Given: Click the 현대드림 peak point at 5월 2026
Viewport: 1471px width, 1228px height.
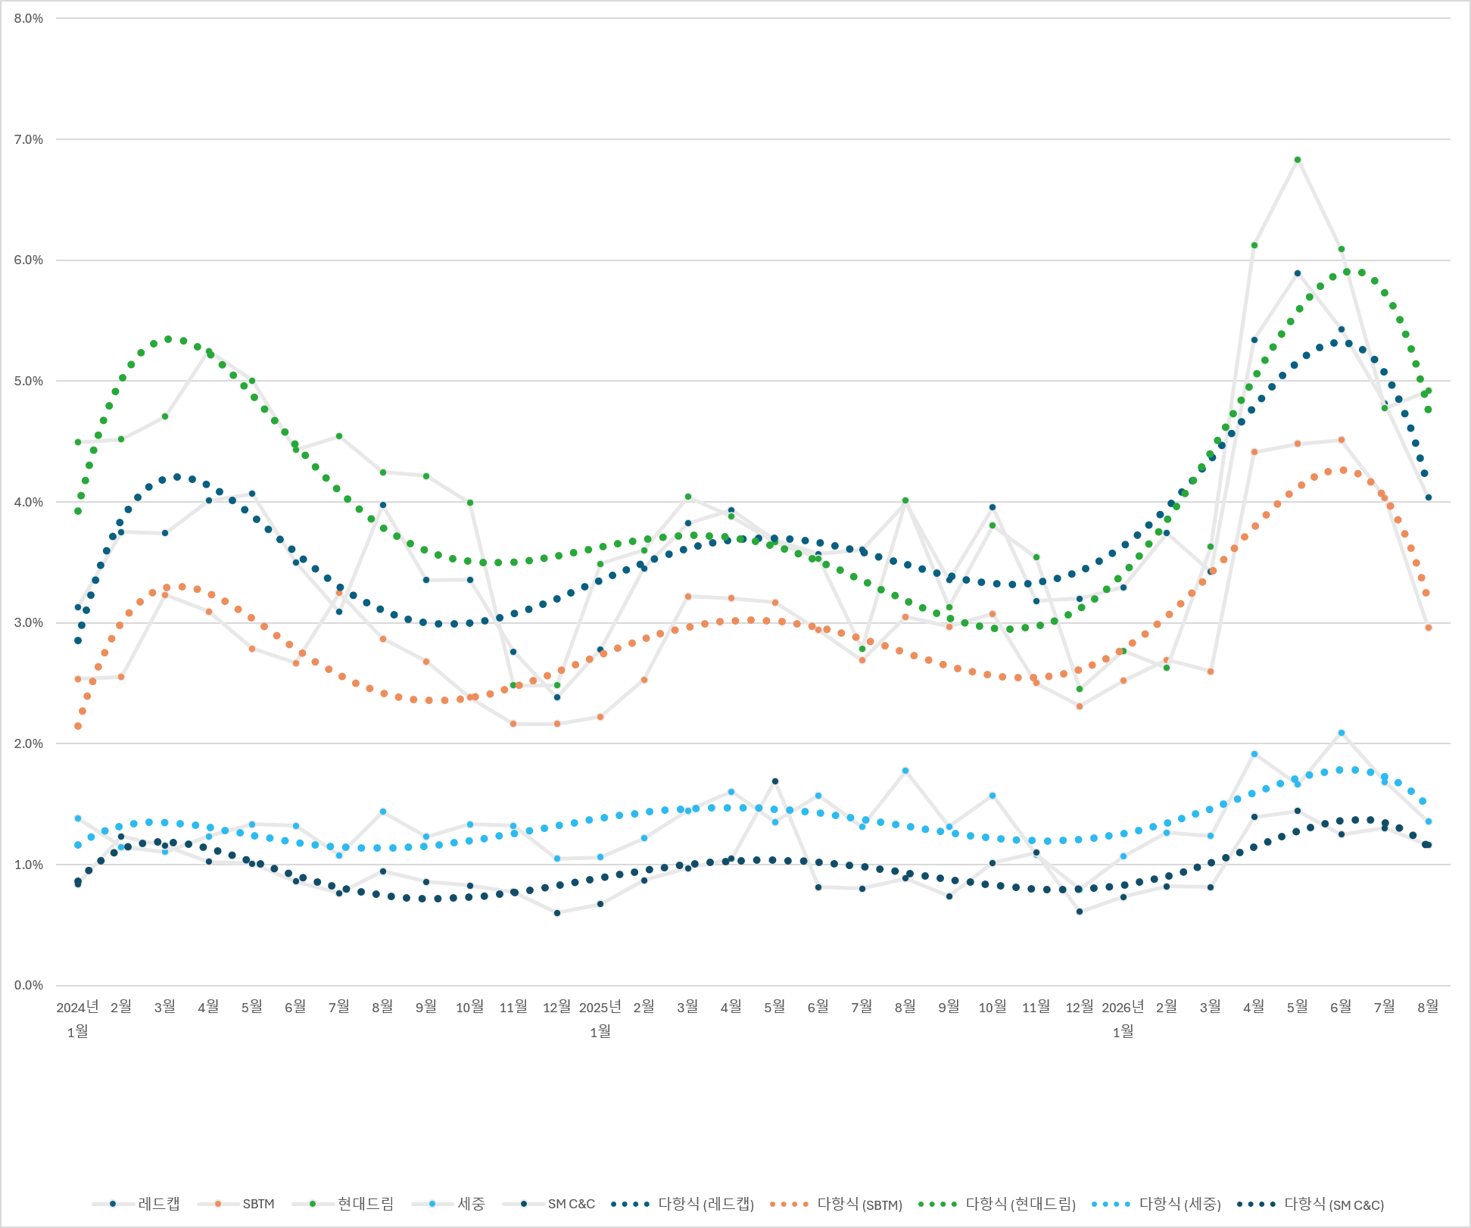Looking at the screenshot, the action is (x=1297, y=160).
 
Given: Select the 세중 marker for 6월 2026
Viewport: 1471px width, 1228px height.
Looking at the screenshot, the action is (x=1341, y=733).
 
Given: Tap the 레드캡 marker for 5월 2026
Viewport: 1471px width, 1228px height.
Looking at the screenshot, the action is (x=1297, y=273).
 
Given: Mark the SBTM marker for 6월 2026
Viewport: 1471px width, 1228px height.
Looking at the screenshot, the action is (x=1341, y=440).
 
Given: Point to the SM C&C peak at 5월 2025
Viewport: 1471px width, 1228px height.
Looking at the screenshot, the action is (x=774, y=781).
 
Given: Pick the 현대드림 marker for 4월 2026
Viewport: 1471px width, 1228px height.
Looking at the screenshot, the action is (x=1254, y=245).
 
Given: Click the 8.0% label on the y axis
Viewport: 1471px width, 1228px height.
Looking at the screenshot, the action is (x=29, y=19).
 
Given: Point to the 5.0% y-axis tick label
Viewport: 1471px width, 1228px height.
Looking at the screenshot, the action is (x=29, y=382).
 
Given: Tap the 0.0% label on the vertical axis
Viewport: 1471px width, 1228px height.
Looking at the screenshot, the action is (x=29, y=986).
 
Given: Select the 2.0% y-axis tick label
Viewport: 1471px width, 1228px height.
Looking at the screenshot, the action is (x=29, y=744).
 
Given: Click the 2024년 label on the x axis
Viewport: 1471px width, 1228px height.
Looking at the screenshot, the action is (x=77, y=1007).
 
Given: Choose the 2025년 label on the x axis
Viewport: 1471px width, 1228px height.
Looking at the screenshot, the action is (x=600, y=1007).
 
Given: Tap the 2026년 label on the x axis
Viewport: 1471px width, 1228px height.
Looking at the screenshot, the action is (x=1123, y=1007).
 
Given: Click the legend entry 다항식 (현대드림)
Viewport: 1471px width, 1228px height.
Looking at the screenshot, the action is (x=996, y=1204).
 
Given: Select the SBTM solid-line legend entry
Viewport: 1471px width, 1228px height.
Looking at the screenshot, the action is (x=235, y=1204).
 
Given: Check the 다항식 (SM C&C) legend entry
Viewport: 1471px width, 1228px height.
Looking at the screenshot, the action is (x=1310, y=1204).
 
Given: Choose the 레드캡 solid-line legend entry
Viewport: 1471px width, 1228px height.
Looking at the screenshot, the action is (x=136, y=1204).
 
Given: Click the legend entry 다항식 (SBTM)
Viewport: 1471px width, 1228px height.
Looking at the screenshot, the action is (x=836, y=1204).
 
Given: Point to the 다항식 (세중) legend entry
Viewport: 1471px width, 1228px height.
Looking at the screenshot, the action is (x=1156, y=1204).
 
